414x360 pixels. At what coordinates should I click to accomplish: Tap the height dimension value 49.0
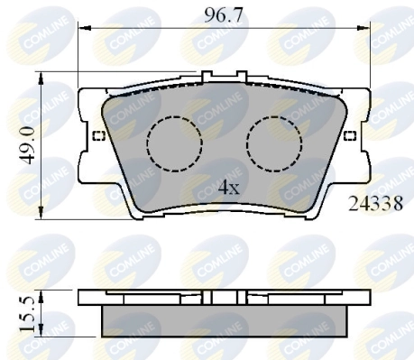tap(27, 145)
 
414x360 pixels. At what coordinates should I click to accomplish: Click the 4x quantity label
tap(229, 188)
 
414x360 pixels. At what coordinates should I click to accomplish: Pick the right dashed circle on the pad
tap(271, 143)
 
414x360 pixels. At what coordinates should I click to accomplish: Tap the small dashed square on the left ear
tap(98, 137)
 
